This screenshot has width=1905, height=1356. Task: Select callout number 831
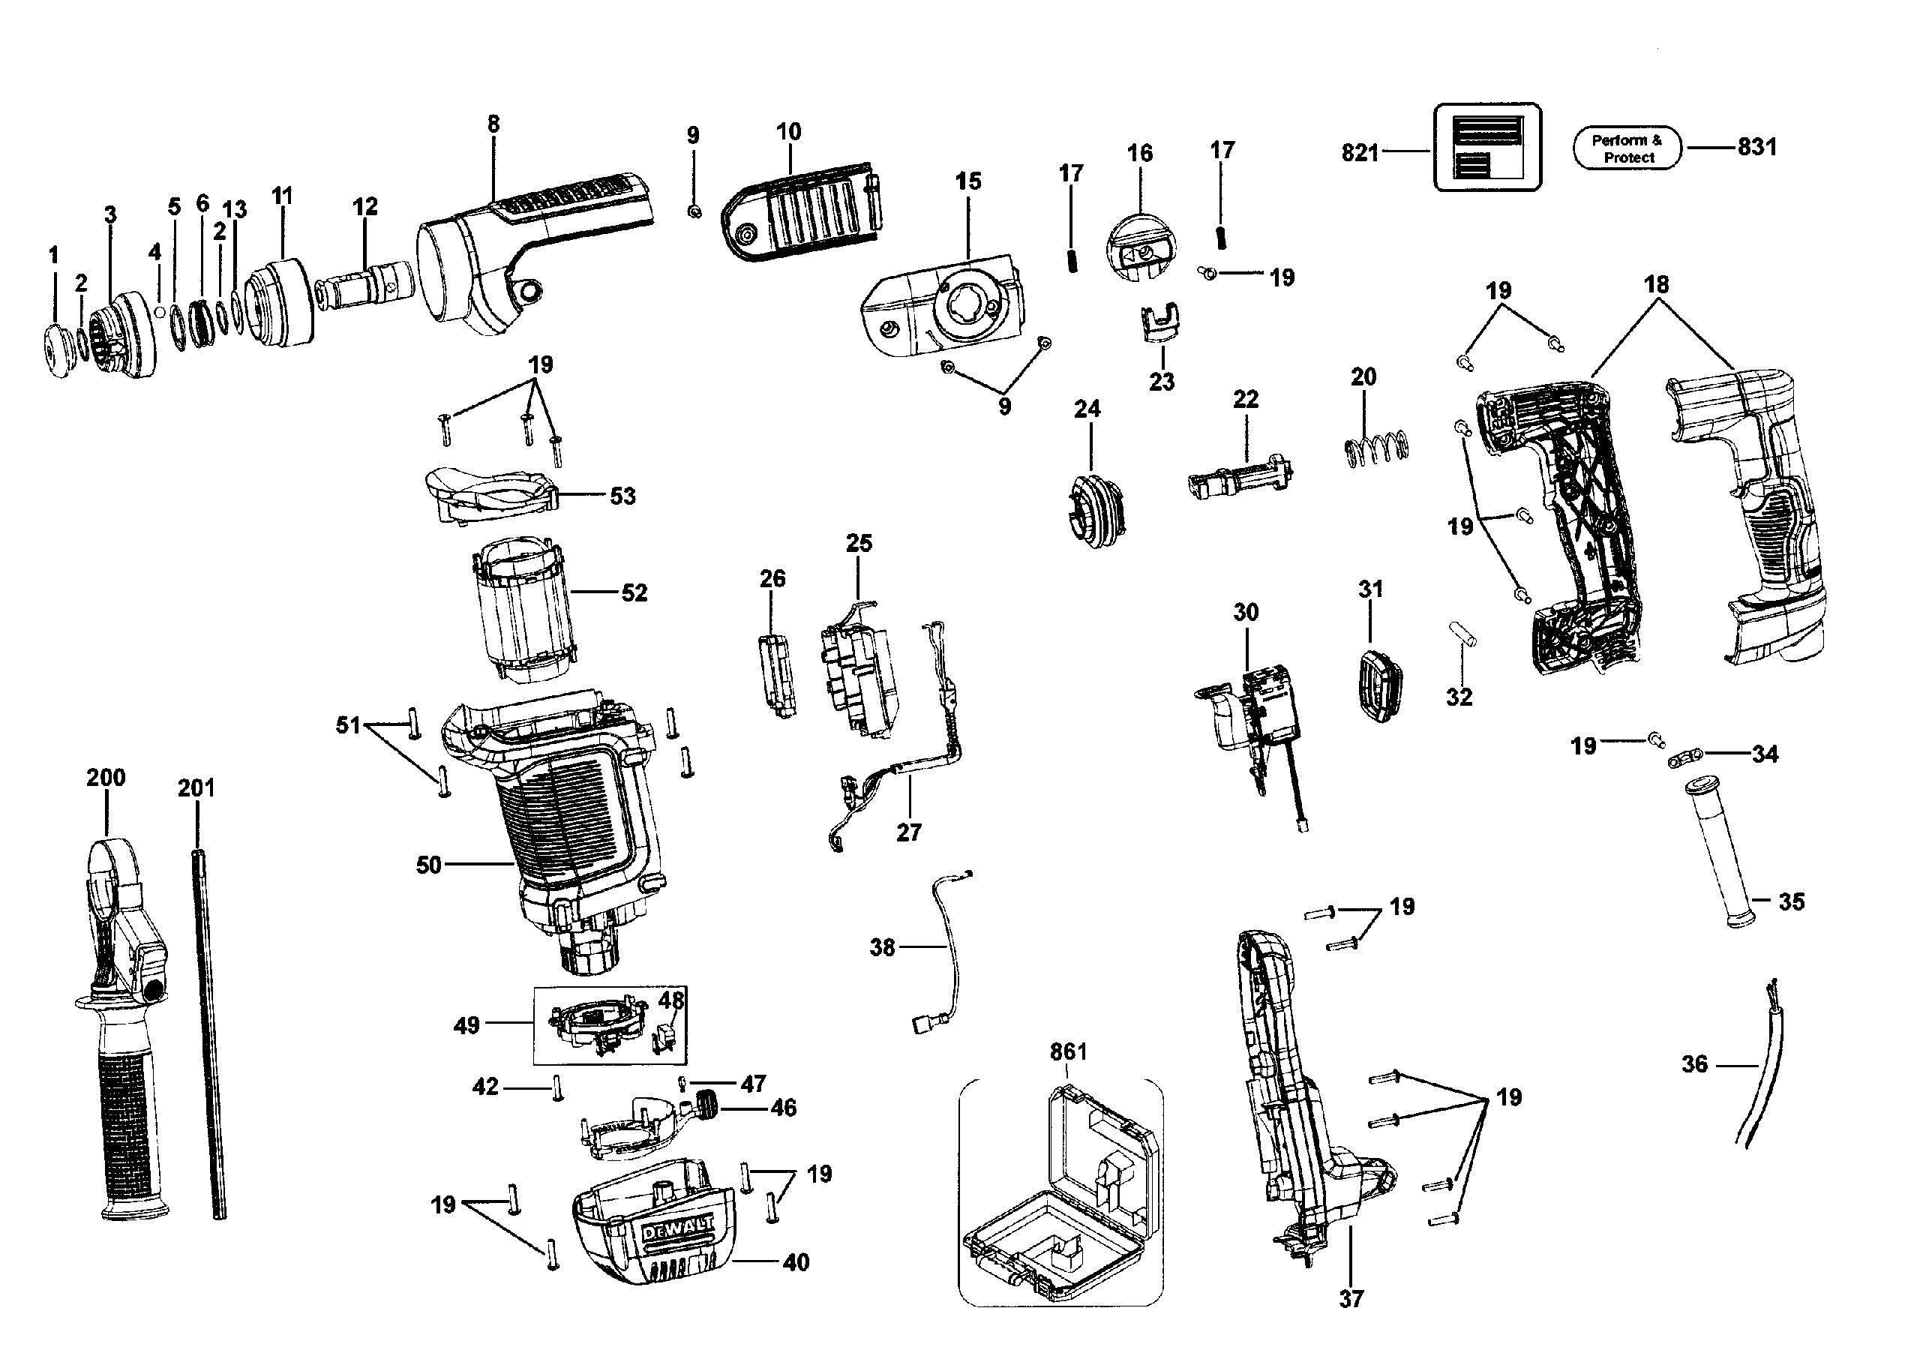tap(1756, 147)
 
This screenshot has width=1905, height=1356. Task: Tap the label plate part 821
tap(1486, 147)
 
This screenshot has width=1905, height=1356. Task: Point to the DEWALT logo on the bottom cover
tap(677, 1229)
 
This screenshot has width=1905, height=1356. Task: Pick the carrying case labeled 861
tap(1060, 1195)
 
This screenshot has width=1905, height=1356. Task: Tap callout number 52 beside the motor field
tap(634, 592)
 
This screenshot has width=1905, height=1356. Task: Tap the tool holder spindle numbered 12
tap(364, 284)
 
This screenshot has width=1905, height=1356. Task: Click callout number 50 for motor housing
tap(428, 864)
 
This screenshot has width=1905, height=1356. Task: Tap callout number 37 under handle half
tap(1351, 1298)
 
